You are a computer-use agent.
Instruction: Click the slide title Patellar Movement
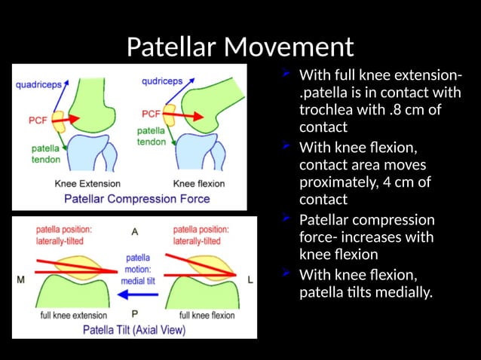point(240,47)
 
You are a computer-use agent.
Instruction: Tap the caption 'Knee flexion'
point(199,183)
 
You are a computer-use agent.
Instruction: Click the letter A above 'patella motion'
point(135,230)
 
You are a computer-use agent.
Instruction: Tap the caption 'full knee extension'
point(73,315)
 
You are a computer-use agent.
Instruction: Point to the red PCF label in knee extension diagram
point(38,119)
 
